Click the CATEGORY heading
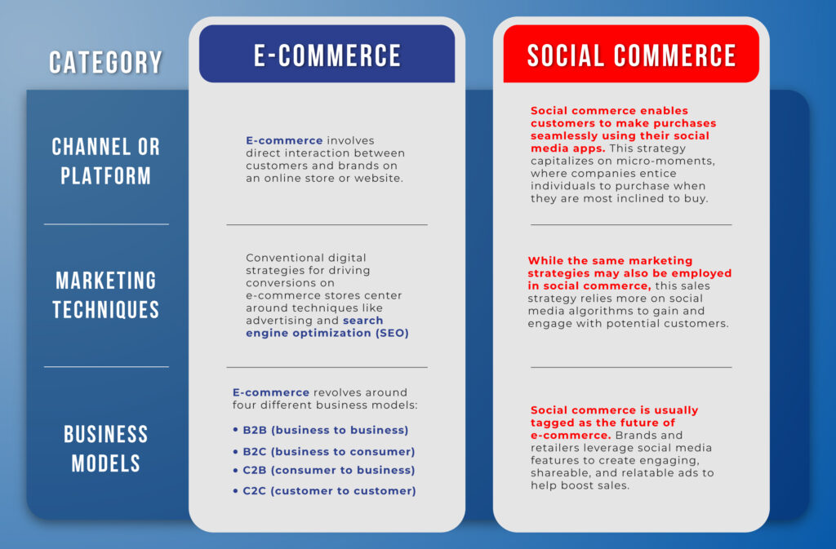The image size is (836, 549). [105, 62]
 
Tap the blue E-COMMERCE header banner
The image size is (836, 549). [327, 54]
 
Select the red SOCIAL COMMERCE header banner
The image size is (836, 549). [631, 54]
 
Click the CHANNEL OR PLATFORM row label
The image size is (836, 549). [105, 162]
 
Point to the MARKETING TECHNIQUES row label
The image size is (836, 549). [105, 295]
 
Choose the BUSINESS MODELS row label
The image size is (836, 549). [105, 449]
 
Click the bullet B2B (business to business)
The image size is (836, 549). [321, 430]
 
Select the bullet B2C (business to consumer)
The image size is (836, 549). [324, 452]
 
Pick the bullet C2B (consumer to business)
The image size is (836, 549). [324, 470]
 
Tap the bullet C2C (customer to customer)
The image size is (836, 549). [325, 491]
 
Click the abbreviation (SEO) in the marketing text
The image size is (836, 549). [392, 334]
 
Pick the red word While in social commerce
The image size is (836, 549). [545, 261]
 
